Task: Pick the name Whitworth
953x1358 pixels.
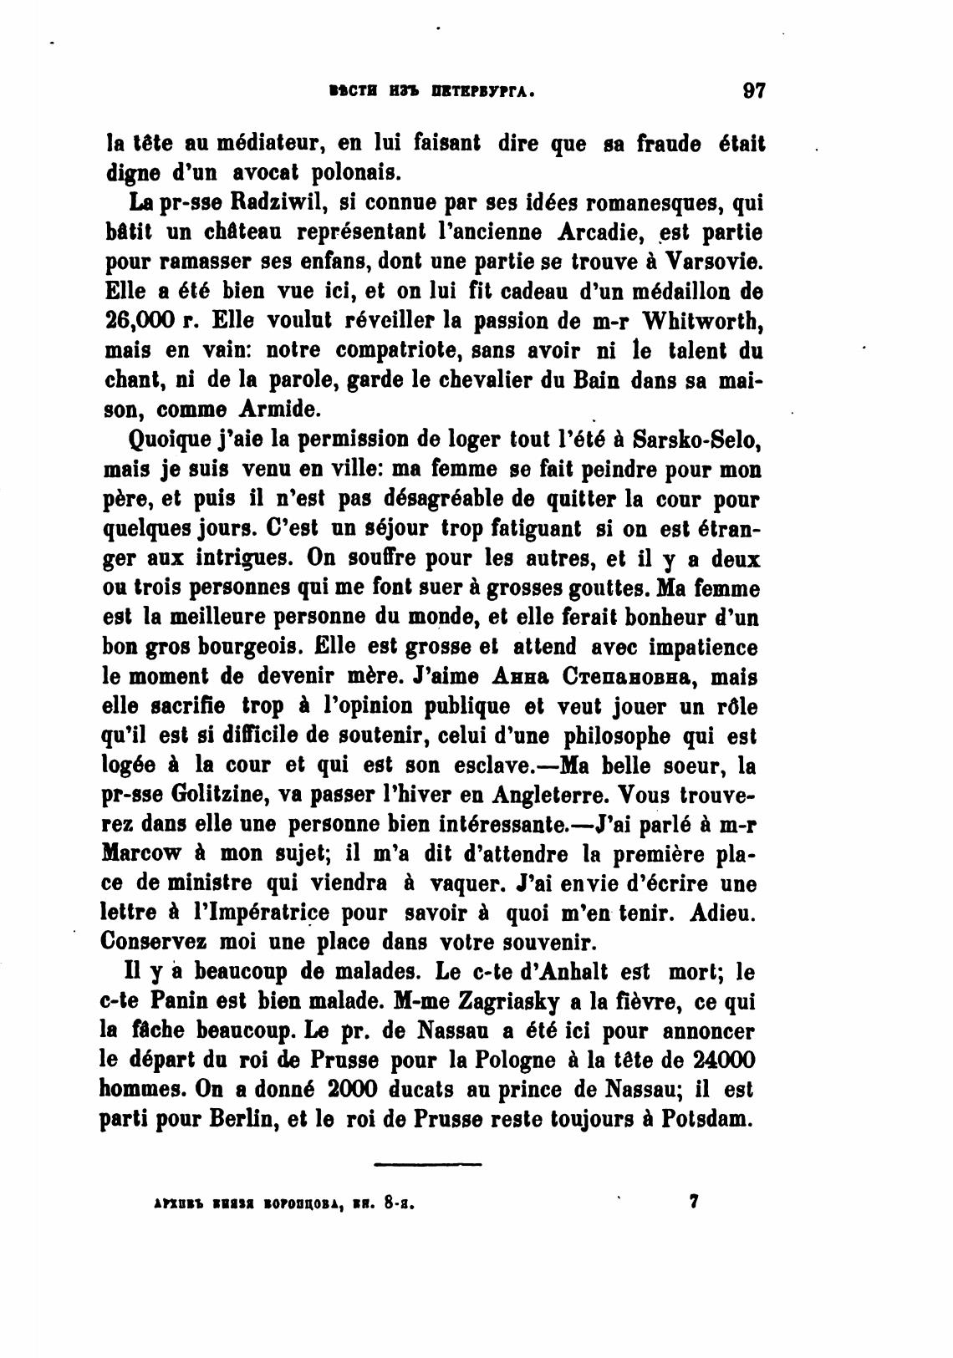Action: pyautogui.click(x=710, y=321)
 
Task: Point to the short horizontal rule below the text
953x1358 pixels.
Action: pyautogui.click(x=427, y=1163)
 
